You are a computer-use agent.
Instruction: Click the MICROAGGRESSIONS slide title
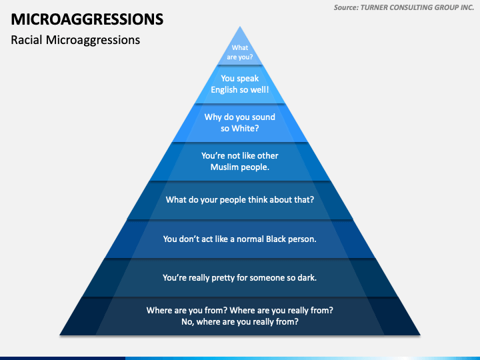pos(87,18)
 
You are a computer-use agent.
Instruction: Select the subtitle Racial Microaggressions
pos(75,39)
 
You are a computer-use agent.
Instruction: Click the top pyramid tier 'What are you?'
pos(240,52)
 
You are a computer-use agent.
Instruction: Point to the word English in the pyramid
pos(227,89)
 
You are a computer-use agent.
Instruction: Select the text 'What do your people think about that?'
pos(240,199)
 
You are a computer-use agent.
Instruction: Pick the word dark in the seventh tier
pos(305,277)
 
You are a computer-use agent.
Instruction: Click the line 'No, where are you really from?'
pos(240,321)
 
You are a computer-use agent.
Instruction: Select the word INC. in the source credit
pos(465,7)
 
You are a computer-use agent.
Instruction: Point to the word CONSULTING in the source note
pos(415,7)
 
